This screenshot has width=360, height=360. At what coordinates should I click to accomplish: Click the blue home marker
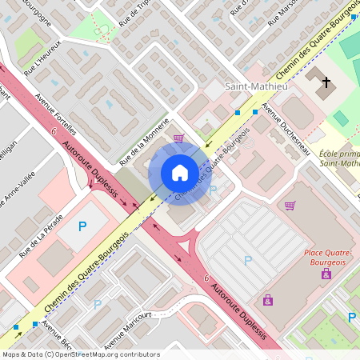pos(179,172)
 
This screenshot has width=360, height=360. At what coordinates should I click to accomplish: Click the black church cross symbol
pos(326,82)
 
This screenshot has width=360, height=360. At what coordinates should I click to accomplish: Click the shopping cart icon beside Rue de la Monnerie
pos(178,138)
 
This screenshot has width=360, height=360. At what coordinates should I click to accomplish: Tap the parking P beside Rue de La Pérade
pos(82,226)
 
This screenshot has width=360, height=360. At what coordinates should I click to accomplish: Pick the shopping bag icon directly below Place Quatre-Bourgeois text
pos(326,274)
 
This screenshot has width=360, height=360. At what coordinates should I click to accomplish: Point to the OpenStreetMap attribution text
pos(81,354)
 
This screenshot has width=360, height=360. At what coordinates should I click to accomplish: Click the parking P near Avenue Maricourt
pos(98,304)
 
